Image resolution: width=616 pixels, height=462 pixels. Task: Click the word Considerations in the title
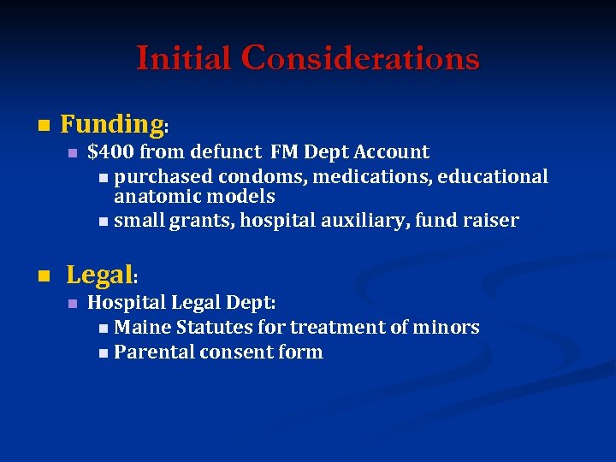360,58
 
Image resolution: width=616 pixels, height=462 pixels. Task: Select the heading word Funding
111,125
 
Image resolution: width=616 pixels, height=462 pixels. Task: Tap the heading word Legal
99,275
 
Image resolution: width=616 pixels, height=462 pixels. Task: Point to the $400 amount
110,152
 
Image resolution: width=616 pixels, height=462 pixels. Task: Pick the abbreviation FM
284,152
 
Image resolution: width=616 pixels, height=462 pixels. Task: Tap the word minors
447,327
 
